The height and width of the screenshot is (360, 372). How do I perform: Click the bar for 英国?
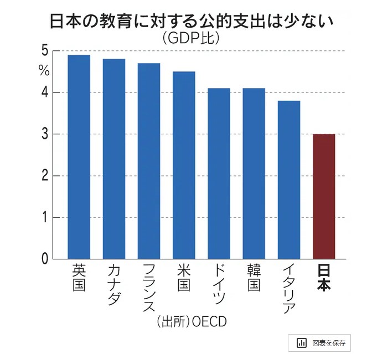(79, 157)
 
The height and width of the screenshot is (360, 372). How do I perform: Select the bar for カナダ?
(114, 159)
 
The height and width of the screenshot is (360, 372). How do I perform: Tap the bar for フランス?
(149, 161)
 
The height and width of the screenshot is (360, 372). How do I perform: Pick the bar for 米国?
(184, 165)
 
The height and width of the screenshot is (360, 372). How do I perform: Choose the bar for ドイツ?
(219, 174)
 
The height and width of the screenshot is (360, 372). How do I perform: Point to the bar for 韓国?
(254, 174)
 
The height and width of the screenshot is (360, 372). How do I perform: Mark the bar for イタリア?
(288, 180)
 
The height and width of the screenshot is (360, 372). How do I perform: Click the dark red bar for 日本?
(324, 196)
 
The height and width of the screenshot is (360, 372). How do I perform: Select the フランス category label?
(149, 288)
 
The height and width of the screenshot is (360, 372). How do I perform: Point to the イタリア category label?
(288, 288)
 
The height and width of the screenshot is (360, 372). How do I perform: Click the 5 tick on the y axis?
(44, 51)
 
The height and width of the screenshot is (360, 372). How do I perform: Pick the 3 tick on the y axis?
(44, 134)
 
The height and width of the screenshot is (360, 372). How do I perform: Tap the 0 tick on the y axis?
(44, 258)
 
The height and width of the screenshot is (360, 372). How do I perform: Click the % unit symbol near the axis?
(44, 71)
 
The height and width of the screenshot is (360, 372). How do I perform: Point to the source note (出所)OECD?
(191, 321)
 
